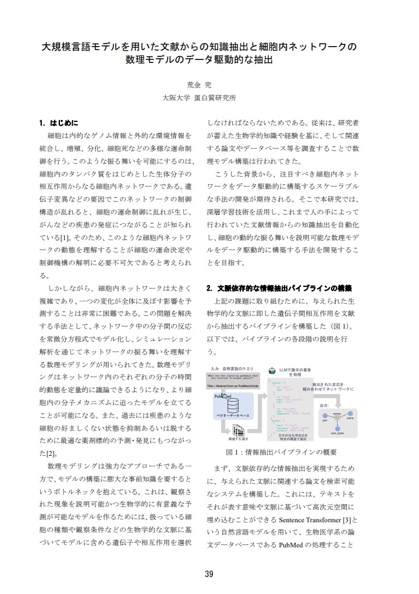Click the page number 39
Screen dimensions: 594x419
point(209,574)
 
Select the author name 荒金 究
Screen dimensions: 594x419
point(199,85)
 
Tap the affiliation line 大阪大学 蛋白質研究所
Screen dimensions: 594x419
point(199,99)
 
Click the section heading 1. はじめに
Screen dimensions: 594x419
point(59,124)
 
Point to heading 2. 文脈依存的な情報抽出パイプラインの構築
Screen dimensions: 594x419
point(279,289)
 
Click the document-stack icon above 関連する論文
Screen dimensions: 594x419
point(238,431)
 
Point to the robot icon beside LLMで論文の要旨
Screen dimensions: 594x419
point(272,370)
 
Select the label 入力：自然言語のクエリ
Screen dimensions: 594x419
point(232,370)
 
